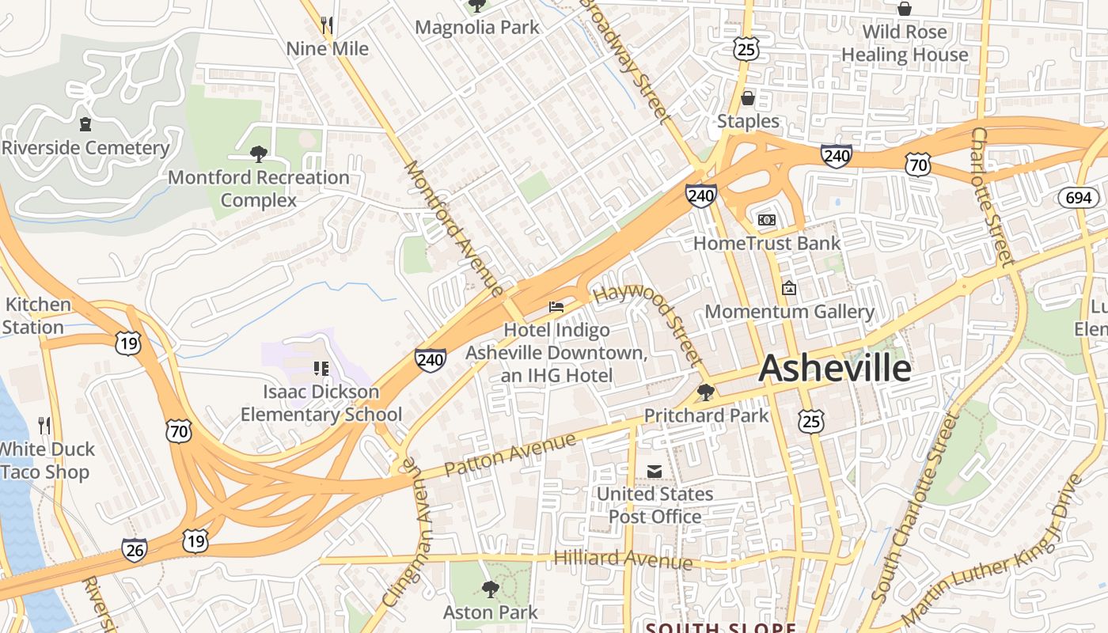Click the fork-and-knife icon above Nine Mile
[327, 25]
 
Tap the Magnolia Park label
[477, 28]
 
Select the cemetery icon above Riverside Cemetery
[85, 124]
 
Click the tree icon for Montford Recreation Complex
[258, 154]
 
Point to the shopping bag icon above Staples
[748, 98]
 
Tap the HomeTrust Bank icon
[766, 219]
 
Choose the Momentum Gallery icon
[788, 288]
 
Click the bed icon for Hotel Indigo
[556, 306]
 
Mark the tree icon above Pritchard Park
[705, 392]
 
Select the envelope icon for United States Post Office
[655, 471]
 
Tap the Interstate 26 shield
[135, 549]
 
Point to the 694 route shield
[1078, 197]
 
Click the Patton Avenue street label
[510, 454]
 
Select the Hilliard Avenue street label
[623, 559]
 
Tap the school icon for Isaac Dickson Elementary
[321, 368]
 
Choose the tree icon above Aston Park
[490, 589]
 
